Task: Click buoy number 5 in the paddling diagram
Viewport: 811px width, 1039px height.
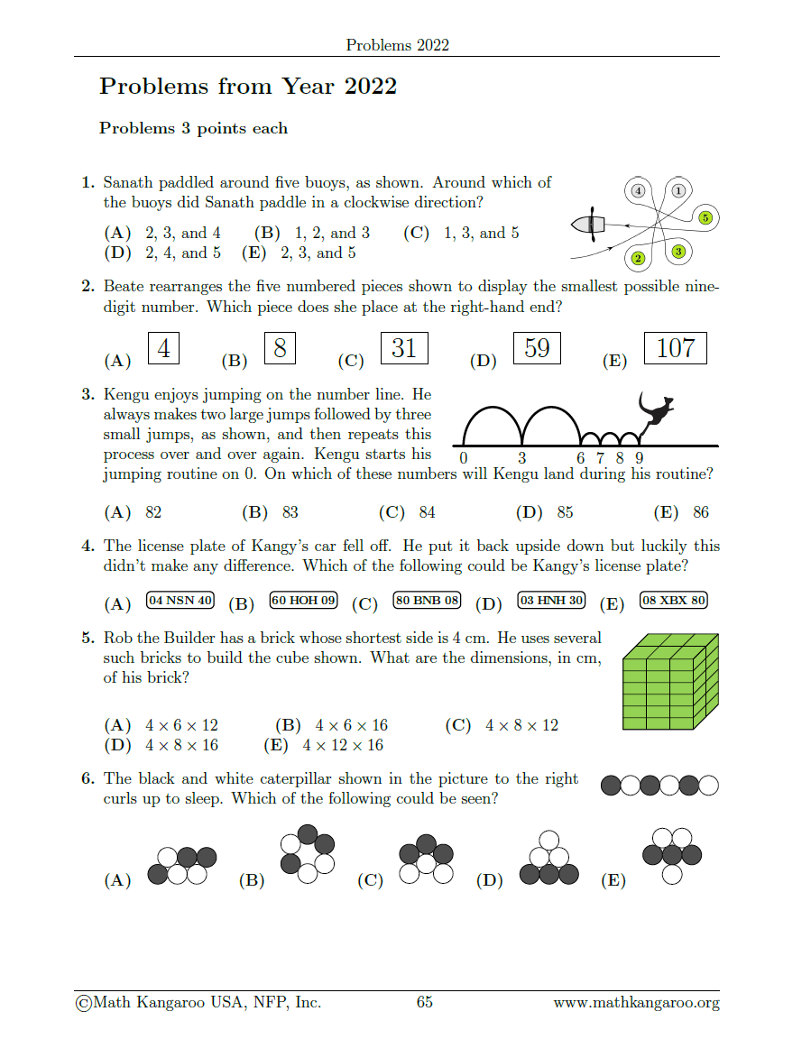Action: coord(705,217)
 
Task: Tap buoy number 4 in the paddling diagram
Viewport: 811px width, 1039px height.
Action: coord(639,190)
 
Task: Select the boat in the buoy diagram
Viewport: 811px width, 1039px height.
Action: coord(590,224)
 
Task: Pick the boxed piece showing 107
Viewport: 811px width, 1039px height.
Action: coord(676,348)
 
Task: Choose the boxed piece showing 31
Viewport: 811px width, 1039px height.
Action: coord(404,348)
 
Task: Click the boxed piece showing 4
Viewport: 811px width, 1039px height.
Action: coord(163,348)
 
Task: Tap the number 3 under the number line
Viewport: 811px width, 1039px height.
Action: coord(521,457)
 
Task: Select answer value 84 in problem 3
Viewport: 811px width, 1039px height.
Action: coord(427,512)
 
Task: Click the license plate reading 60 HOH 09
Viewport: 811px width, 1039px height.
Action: coord(303,600)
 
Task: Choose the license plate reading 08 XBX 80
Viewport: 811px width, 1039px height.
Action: coord(673,600)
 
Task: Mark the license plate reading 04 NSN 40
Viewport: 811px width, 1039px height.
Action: coord(180,600)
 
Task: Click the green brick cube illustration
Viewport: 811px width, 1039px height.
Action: coord(670,681)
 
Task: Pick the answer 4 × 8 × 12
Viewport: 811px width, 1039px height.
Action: coord(521,725)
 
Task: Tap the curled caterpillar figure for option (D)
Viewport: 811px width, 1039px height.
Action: coord(549,858)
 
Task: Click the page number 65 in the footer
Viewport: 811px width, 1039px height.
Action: coord(425,1002)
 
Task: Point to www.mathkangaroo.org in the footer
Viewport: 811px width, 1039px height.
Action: coord(636,1002)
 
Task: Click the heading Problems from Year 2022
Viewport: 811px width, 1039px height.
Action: coord(248,87)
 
